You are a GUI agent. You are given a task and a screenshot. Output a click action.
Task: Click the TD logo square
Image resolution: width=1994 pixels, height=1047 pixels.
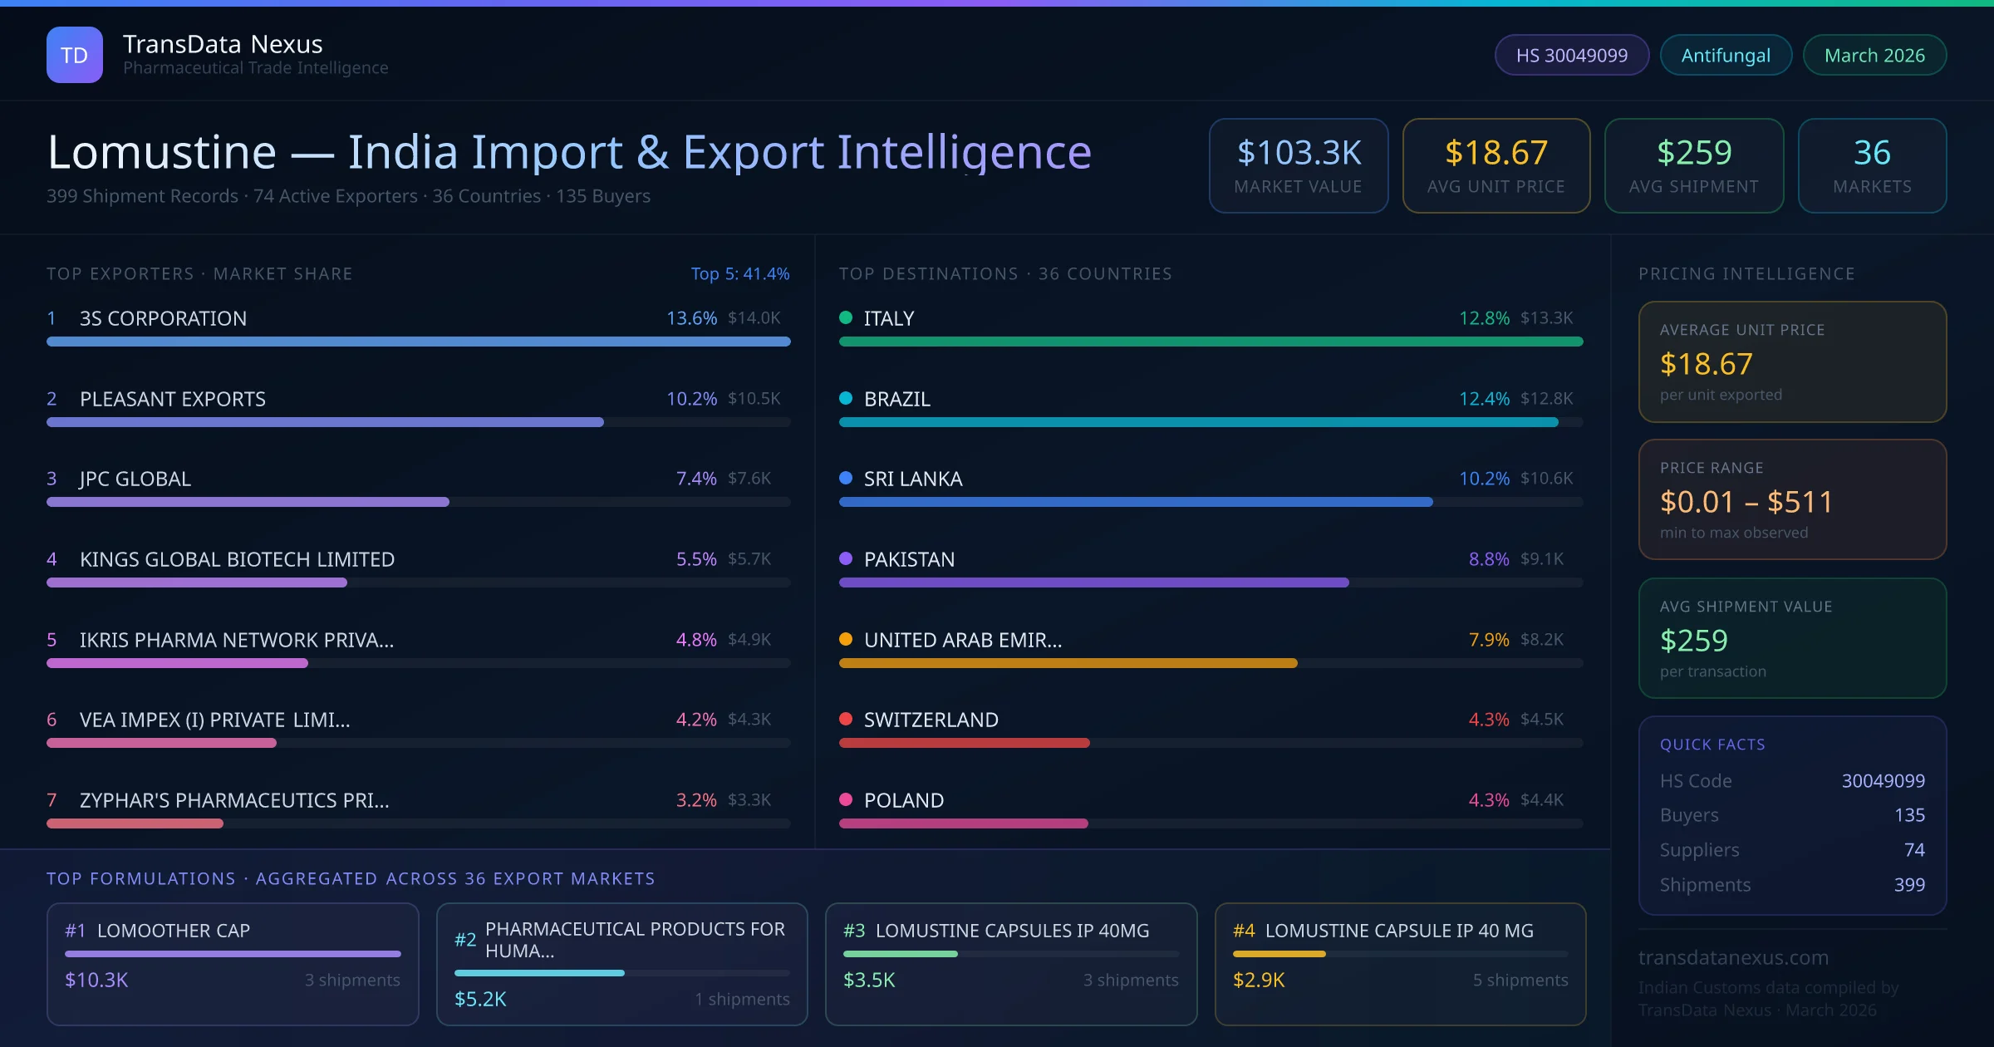pyautogui.click(x=75, y=55)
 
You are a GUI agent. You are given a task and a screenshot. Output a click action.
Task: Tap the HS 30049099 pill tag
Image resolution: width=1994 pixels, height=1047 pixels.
pyautogui.click(x=1571, y=55)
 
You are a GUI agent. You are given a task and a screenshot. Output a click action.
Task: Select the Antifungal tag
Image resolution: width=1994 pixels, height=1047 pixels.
pyautogui.click(x=1726, y=55)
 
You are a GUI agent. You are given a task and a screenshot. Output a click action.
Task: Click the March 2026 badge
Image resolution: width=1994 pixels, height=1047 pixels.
pyautogui.click(x=1874, y=55)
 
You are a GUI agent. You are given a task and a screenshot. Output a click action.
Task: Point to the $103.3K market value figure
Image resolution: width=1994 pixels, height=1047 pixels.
pyautogui.click(x=1299, y=153)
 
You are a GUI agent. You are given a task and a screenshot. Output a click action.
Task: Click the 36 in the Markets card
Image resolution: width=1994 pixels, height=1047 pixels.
pyautogui.click(x=1872, y=153)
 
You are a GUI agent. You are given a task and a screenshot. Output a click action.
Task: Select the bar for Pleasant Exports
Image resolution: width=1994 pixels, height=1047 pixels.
pyautogui.click(x=325, y=422)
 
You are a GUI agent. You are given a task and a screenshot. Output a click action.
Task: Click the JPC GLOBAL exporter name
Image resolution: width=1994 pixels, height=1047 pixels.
pyautogui.click(x=135, y=479)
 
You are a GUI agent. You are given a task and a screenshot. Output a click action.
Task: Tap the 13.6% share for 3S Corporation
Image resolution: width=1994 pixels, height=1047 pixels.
pyautogui.click(x=691, y=318)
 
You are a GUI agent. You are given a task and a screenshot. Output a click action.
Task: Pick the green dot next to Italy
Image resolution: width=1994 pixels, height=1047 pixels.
pyautogui.click(x=846, y=317)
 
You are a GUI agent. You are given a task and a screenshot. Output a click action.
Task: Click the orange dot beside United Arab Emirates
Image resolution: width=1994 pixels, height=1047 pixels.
pyautogui.click(x=846, y=639)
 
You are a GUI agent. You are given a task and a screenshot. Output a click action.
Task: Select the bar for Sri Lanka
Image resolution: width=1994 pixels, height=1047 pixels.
pyautogui.click(x=1135, y=502)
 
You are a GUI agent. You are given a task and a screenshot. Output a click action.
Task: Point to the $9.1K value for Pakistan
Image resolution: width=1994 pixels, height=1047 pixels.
pyautogui.click(x=1541, y=559)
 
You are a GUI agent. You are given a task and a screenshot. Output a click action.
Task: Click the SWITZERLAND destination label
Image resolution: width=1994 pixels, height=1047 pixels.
pyautogui.click(x=931, y=720)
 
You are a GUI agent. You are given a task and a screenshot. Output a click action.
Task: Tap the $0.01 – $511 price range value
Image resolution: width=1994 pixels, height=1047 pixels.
pyautogui.click(x=1746, y=502)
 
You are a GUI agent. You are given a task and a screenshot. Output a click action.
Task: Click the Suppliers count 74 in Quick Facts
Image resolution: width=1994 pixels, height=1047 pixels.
pyautogui.click(x=1913, y=849)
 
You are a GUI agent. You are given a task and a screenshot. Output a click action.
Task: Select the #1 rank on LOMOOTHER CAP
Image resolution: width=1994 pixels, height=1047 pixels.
pyautogui.click(x=75, y=931)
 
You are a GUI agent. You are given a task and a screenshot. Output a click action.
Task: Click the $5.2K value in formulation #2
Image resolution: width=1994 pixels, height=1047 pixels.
pyautogui.click(x=480, y=999)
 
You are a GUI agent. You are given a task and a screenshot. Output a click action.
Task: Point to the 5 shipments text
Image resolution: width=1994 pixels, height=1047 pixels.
pyautogui.click(x=1520, y=980)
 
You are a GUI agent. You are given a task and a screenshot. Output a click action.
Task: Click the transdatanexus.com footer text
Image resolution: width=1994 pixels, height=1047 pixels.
pyautogui.click(x=1733, y=957)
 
